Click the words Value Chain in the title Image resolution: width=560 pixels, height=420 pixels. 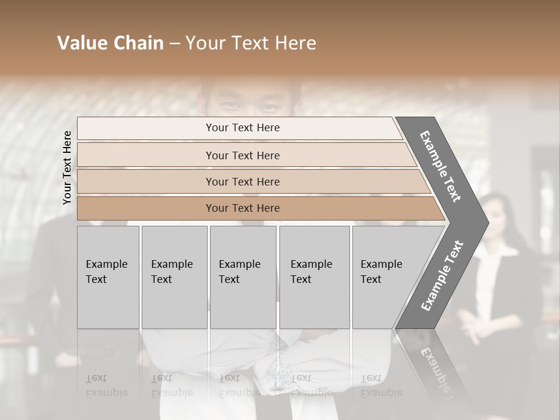(110, 43)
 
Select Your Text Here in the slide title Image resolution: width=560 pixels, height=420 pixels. (251, 43)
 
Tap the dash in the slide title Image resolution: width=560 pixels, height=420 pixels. (174, 44)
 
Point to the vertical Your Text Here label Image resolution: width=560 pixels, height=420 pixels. (67, 167)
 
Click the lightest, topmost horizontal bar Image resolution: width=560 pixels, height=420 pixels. (243, 128)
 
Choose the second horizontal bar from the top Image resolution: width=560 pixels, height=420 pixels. (243, 155)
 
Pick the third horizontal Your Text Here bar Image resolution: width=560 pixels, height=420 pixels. (243, 181)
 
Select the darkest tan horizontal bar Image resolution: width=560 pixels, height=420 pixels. (243, 208)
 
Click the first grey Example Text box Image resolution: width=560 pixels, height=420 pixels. (108, 277)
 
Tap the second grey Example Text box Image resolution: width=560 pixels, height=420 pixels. (174, 277)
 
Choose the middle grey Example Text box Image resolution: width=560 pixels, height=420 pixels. (243, 277)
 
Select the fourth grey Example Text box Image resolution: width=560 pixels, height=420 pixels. (314, 277)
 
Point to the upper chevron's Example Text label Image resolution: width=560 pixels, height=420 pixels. (440, 166)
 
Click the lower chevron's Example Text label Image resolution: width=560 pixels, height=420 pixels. (442, 276)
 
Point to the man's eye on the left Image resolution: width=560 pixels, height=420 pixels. (232, 106)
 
